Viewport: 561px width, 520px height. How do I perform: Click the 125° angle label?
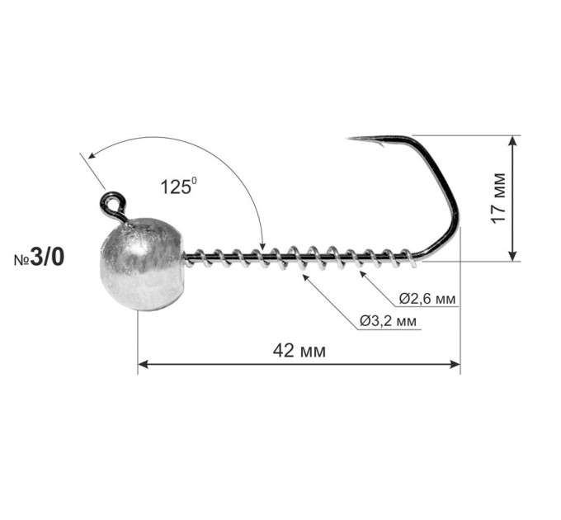pyautogui.click(x=178, y=186)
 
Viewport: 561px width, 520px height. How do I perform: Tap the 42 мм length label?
pyautogui.click(x=299, y=351)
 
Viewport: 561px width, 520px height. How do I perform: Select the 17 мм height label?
pyautogui.click(x=498, y=198)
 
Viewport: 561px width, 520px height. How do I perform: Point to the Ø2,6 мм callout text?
pyautogui.click(x=427, y=299)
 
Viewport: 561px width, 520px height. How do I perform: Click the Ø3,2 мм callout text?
pyautogui.click(x=389, y=321)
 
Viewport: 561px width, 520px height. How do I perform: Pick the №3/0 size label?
pyautogui.click(x=40, y=258)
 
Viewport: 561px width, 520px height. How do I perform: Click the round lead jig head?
pyautogui.click(x=143, y=264)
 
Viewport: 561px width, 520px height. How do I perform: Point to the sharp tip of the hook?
pyautogui.click(x=348, y=138)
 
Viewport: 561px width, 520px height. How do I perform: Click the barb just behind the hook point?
pyautogui.click(x=380, y=144)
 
